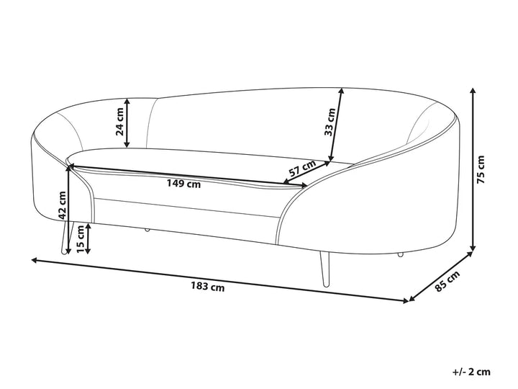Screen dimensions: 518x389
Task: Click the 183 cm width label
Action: (x=207, y=286)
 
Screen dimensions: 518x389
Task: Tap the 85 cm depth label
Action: (x=447, y=281)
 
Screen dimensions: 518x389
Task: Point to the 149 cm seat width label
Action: (x=183, y=184)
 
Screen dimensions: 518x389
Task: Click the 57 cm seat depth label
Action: (x=302, y=168)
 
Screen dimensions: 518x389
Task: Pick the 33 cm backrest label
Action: (x=330, y=122)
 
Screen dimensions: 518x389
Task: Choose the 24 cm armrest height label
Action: (x=119, y=122)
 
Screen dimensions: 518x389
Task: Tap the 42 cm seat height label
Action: (x=62, y=205)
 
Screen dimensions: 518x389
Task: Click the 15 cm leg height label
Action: (x=81, y=239)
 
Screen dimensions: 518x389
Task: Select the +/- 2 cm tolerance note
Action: (x=471, y=372)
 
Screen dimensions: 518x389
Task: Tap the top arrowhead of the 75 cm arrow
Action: (x=473, y=91)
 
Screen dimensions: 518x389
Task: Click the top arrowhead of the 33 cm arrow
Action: (x=342, y=91)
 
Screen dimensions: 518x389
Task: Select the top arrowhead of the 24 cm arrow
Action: (x=127, y=102)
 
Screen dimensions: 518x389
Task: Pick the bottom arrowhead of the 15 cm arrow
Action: (x=88, y=251)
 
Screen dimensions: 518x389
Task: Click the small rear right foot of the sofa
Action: (x=401, y=255)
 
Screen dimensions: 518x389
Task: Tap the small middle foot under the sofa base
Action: (x=147, y=230)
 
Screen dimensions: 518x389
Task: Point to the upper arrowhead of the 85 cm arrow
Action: (x=469, y=255)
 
